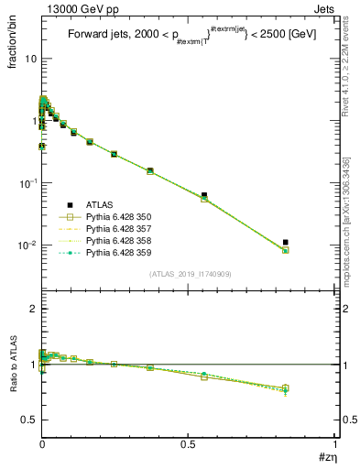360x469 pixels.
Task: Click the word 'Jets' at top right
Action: (x=322, y=8)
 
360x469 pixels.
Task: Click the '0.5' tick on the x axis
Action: (x=188, y=444)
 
